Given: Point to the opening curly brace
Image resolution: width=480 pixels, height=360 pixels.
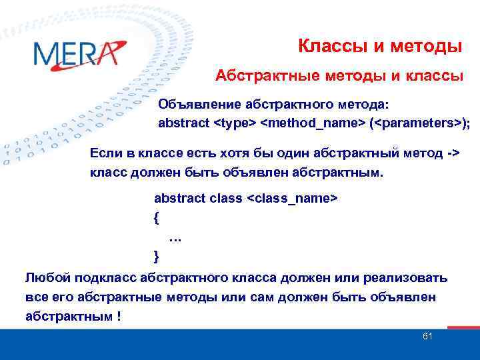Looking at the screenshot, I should click(157, 217).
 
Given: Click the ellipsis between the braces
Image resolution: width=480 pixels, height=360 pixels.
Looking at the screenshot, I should click(176, 237).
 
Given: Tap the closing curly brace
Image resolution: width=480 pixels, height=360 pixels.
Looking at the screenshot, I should click(157, 255).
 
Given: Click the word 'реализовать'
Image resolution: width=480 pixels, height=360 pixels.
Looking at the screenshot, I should click(409, 277).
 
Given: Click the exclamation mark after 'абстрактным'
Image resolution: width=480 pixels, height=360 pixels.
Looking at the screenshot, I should click(119, 316).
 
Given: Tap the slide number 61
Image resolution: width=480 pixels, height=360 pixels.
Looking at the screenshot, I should click(428, 336).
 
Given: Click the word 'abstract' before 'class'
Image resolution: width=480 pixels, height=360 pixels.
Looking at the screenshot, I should click(179, 199).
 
